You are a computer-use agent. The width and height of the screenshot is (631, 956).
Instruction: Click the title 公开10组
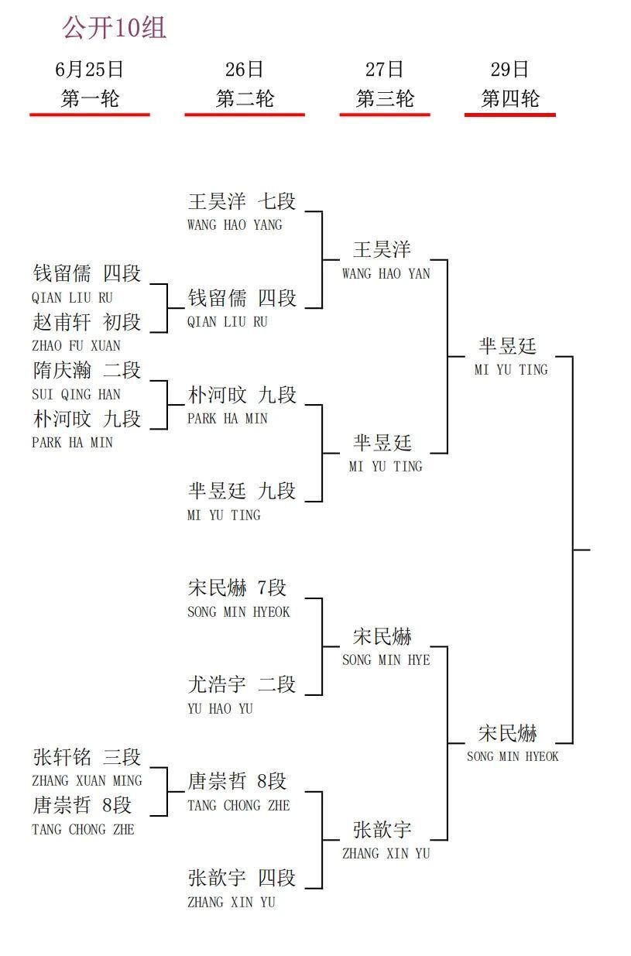point(115,28)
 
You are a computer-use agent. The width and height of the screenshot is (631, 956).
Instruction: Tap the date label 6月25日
point(89,70)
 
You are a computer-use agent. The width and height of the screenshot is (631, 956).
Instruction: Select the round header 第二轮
point(245,98)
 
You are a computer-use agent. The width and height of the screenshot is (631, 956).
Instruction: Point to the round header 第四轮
point(510,98)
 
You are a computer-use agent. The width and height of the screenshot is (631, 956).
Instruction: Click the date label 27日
point(384,70)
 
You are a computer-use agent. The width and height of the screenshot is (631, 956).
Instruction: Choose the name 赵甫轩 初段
point(87,322)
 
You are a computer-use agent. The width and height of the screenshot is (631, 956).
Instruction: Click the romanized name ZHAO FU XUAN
point(76,345)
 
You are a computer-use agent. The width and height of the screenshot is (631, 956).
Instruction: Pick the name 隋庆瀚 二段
point(87,370)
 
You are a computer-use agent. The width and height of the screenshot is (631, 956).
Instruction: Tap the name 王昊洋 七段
point(242,201)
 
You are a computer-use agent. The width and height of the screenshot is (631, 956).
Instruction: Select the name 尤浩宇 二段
point(242,685)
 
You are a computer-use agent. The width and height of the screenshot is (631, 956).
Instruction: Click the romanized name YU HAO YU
point(221,709)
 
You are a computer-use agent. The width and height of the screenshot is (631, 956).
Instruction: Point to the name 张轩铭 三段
point(87,757)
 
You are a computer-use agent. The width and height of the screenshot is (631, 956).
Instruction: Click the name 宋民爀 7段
point(237,588)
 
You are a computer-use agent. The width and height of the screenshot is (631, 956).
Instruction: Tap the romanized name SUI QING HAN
point(76,394)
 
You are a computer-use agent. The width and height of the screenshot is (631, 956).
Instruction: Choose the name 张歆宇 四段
point(242,879)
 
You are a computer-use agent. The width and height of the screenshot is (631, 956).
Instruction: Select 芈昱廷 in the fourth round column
point(508,346)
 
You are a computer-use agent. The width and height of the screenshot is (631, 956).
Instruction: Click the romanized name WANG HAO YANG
point(235,225)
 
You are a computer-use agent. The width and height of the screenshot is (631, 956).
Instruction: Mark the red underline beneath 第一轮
point(90,115)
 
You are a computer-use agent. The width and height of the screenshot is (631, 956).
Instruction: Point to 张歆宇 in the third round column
point(382,830)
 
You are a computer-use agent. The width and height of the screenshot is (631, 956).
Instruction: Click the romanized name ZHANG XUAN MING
point(87,781)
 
